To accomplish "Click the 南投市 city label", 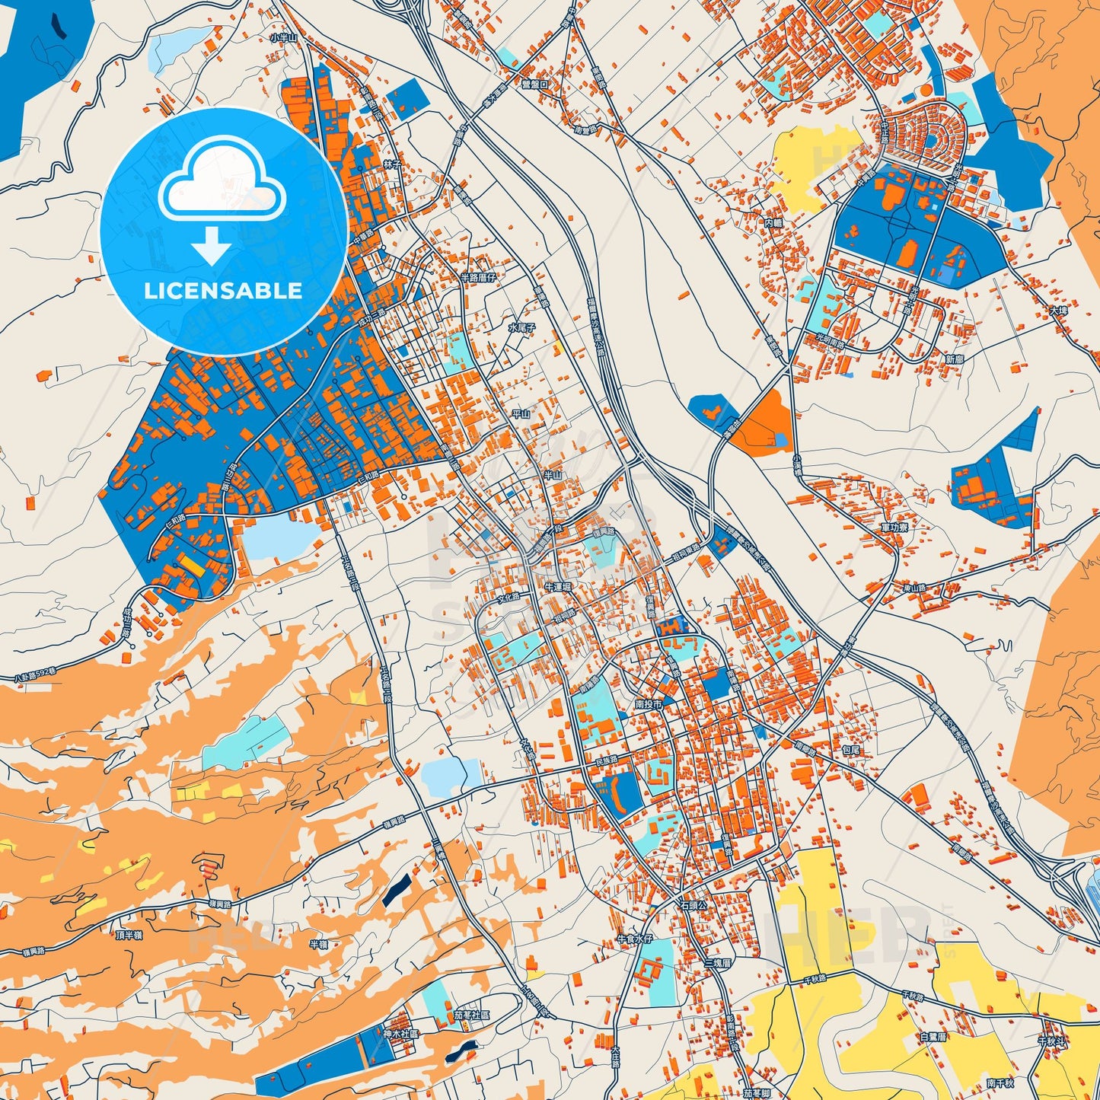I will [x=649, y=705].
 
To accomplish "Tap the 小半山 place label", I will [x=282, y=37].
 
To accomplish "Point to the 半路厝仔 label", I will [x=477, y=278].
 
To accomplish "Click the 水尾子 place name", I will [x=522, y=327].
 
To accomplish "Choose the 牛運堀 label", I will [x=557, y=588].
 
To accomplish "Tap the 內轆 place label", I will [x=773, y=223].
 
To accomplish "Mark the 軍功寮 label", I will [x=894, y=527].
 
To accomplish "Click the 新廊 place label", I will [x=955, y=359].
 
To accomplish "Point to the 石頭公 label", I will [x=693, y=906].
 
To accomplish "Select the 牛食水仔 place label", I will [x=635, y=939].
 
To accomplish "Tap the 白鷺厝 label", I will [x=933, y=1036].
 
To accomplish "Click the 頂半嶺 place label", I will [x=129, y=935].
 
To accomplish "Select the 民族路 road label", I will [x=606, y=760].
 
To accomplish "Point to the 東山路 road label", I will [x=913, y=588].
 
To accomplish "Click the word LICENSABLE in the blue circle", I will [x=223, y=291].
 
